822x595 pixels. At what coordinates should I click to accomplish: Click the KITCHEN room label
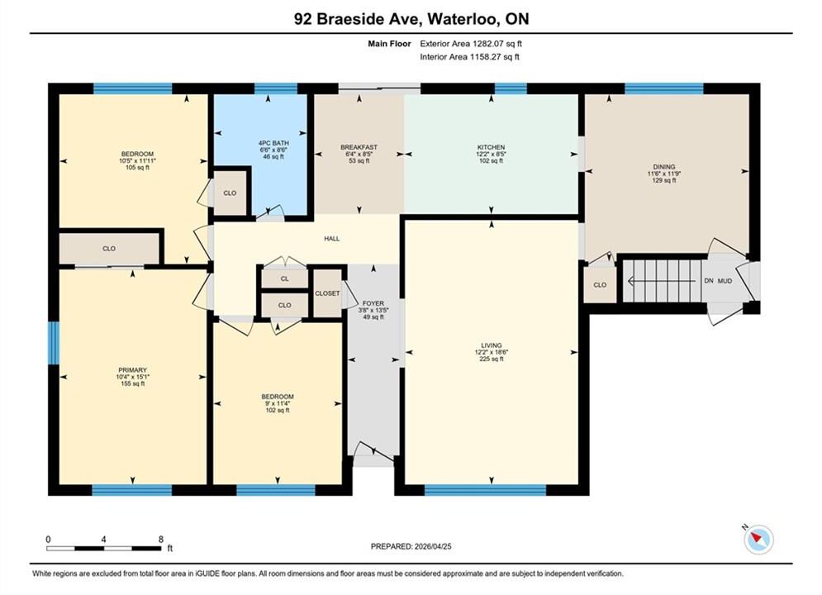click(x=491, y=147)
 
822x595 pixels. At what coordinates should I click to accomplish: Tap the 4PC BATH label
click(x=273, y=143)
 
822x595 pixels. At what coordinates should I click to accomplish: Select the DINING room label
click(x=664, y=167)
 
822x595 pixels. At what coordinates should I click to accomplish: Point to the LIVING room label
click(x=492, y=345)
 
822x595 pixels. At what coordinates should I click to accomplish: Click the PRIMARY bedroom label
click(x=132, y=370)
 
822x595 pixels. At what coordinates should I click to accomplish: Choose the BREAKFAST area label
click(x=359, y=147)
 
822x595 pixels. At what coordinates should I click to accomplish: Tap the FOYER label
click(x=373, y=303)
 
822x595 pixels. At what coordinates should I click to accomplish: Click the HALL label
click(x=332, y=239)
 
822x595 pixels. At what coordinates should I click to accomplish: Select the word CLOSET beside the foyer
click(x=327, y=293)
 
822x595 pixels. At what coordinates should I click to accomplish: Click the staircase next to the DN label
click(x=662, y=281)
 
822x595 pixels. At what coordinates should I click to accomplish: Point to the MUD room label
click(x=725, y=281)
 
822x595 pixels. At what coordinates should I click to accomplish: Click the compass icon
click(x=758, y=539)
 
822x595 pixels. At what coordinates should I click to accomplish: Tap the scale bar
click(x=104, y=549)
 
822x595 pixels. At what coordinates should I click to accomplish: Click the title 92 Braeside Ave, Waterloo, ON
click(x=411, y=19)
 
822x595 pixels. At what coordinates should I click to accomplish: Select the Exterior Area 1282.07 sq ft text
click(x=471, y=44)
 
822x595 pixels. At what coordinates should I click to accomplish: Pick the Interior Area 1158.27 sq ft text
click(x=470, y=57)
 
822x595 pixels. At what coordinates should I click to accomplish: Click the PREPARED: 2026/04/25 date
click(x=411, y=546)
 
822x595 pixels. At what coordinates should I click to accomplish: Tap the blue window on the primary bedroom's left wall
click(x=54, y=343)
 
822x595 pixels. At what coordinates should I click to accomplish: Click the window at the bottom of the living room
click(x=485, y=490)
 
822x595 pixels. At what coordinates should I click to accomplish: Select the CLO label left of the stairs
click(x=600, y=284)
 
